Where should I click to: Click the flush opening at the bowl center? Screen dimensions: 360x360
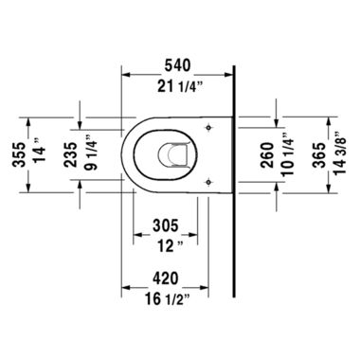click(x=174, y=153)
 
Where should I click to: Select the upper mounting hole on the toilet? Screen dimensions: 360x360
click(x=210, y=123)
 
